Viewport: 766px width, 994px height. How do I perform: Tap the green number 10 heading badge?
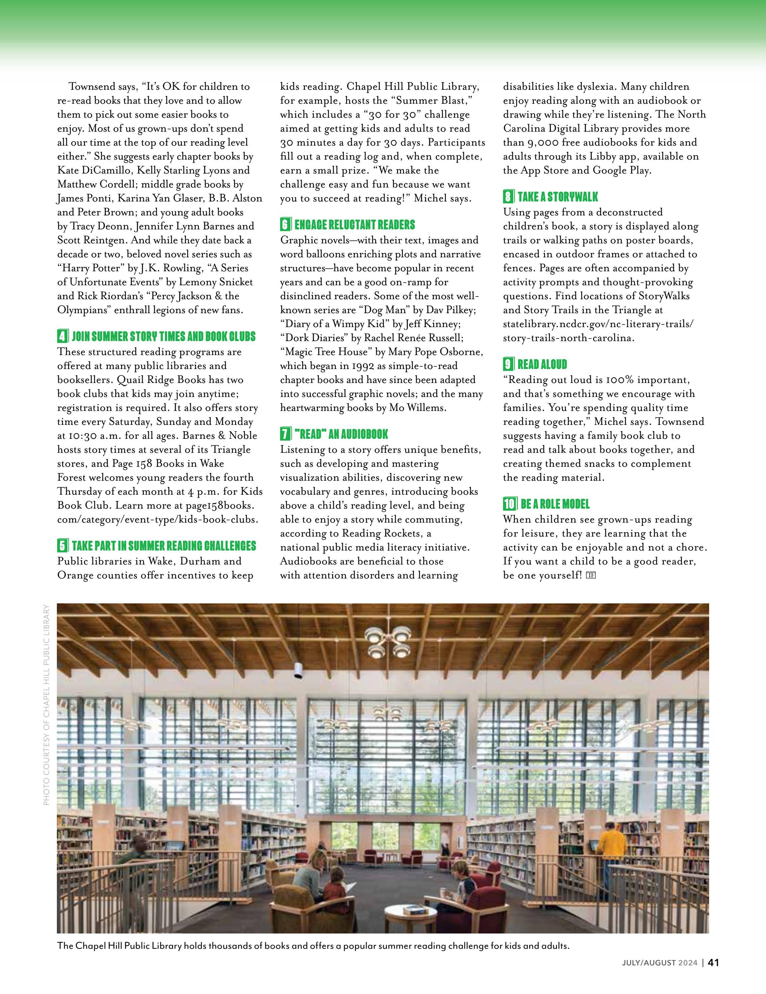click(510, 504)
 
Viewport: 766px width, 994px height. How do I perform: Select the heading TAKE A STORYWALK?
click(558, 197)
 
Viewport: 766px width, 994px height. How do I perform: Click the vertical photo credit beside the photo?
click(46, 714)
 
